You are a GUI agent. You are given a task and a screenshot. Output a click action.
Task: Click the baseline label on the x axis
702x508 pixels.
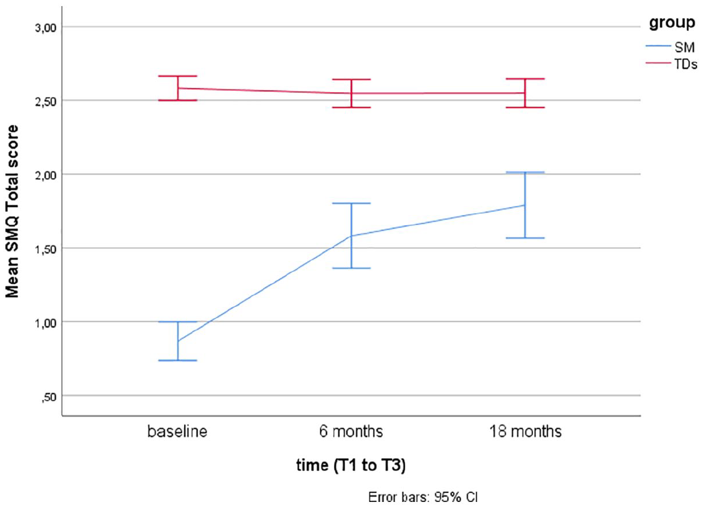point(177,432)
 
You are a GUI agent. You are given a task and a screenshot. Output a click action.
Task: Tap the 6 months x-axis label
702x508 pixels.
point(351,432)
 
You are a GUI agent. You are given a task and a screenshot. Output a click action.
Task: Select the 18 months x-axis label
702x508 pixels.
point(525,432)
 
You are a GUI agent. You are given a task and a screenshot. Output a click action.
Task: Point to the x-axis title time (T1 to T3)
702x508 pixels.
point(351,466)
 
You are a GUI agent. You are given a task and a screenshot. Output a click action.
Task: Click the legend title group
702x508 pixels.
point(672,24)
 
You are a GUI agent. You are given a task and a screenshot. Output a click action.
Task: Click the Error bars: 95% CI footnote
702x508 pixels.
point(424,499)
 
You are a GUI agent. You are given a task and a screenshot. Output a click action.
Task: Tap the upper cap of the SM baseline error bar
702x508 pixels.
point(178,322)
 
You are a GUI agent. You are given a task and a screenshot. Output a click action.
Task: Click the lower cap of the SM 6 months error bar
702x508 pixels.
point(351,268)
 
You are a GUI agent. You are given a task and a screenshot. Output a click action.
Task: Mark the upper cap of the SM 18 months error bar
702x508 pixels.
point(525,173)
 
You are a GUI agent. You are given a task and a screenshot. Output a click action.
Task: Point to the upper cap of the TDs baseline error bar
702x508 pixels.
point(178,76)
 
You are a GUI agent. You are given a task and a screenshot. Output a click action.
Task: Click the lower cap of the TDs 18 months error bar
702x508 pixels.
point(525,107)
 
